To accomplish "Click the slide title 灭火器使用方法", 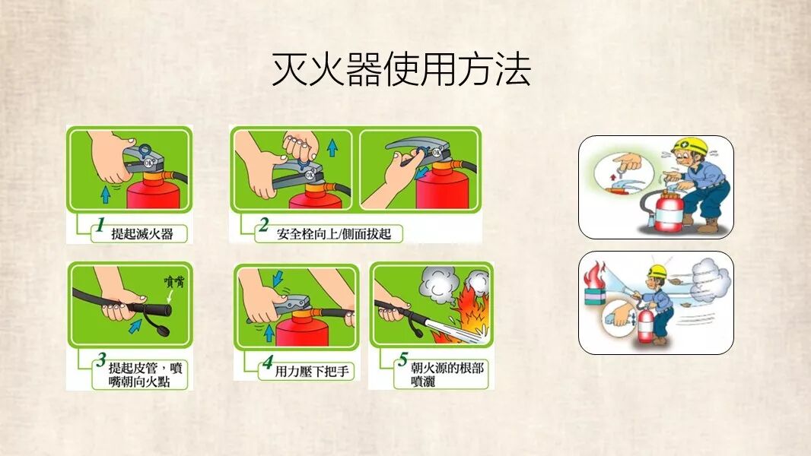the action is [402, 69].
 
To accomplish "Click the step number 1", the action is [101, 225].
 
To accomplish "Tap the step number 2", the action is [264, 225].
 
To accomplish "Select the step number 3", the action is [101, 359].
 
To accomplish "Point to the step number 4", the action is [267, 362].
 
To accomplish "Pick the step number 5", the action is [403, 359].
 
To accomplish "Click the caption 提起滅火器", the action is [142, 234].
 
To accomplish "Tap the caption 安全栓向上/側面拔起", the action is [334, 234].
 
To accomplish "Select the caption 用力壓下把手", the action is [312, 372].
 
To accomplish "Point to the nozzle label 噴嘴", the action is [174, 281].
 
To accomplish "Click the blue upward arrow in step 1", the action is [106, 194].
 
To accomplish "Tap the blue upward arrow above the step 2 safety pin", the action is [332, 147].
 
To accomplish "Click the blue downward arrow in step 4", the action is [278, 278].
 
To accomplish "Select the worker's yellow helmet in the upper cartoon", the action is [691, 146].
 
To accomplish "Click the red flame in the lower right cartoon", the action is [594, 275].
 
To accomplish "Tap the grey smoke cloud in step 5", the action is [439, 287].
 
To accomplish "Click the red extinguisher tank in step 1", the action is [154, 194].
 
